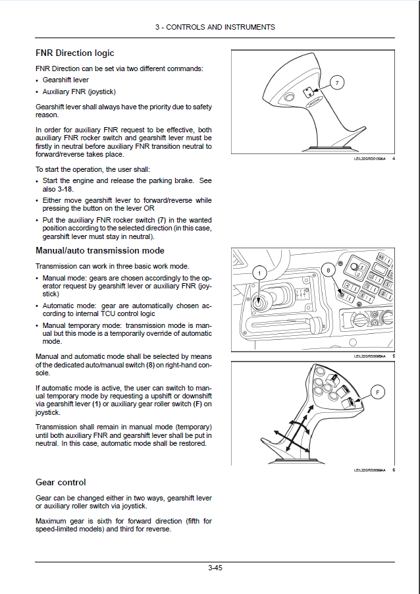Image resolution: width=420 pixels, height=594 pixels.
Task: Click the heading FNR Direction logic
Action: (x=74, y=53)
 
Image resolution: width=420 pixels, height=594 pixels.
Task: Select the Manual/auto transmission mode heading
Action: (x=99, y=251)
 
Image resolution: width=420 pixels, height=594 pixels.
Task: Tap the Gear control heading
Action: (x=61, y=483)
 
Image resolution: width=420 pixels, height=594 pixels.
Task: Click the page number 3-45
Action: (x=215, y=568)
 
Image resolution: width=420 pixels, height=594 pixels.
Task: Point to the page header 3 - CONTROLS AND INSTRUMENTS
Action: (x=215, y=27)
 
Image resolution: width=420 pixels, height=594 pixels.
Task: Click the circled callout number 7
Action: (x=336, y=82)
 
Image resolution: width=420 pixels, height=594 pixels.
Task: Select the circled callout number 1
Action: (x=259, y=273)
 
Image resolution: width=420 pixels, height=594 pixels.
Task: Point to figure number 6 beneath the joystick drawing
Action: (x=393, y=470)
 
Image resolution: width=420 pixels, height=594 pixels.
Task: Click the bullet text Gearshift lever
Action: (x=66, y=80)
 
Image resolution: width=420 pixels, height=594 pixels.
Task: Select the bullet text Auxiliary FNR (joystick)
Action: (x=79, y=92)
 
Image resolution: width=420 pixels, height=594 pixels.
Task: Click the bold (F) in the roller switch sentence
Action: (x=197, y=404)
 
